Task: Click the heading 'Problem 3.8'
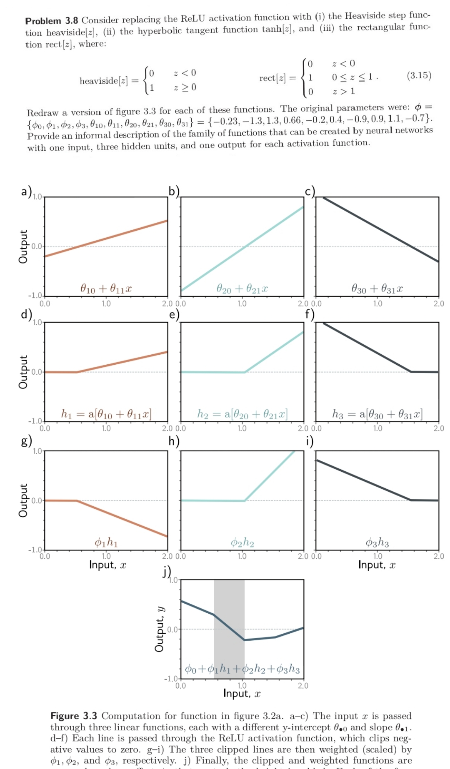[x=52, y=20]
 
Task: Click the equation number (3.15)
[x=419, y=75]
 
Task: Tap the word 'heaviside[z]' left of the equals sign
[x=104, y=80]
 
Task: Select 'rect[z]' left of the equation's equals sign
[x=272, y=78]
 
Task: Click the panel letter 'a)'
[x=26, y=191]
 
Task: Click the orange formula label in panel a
[x=106, y=288]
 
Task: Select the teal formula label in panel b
[x=242, y=288]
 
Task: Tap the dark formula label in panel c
[x=377, y=288]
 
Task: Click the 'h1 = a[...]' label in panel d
[x=106, y=414]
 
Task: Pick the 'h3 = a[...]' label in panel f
[x=377, y=414]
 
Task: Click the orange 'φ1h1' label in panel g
[x=106, y=542]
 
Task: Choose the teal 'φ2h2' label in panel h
[x=242, y=542]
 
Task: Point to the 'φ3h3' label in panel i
[x=377, y=542]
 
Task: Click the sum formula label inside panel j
[x=242, y=669]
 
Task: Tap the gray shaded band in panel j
[x=229, y=604]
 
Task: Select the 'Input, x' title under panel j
[x=242, y=693]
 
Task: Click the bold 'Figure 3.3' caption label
[x=74, y=716]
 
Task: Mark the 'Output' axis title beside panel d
[x=23, y=372]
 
